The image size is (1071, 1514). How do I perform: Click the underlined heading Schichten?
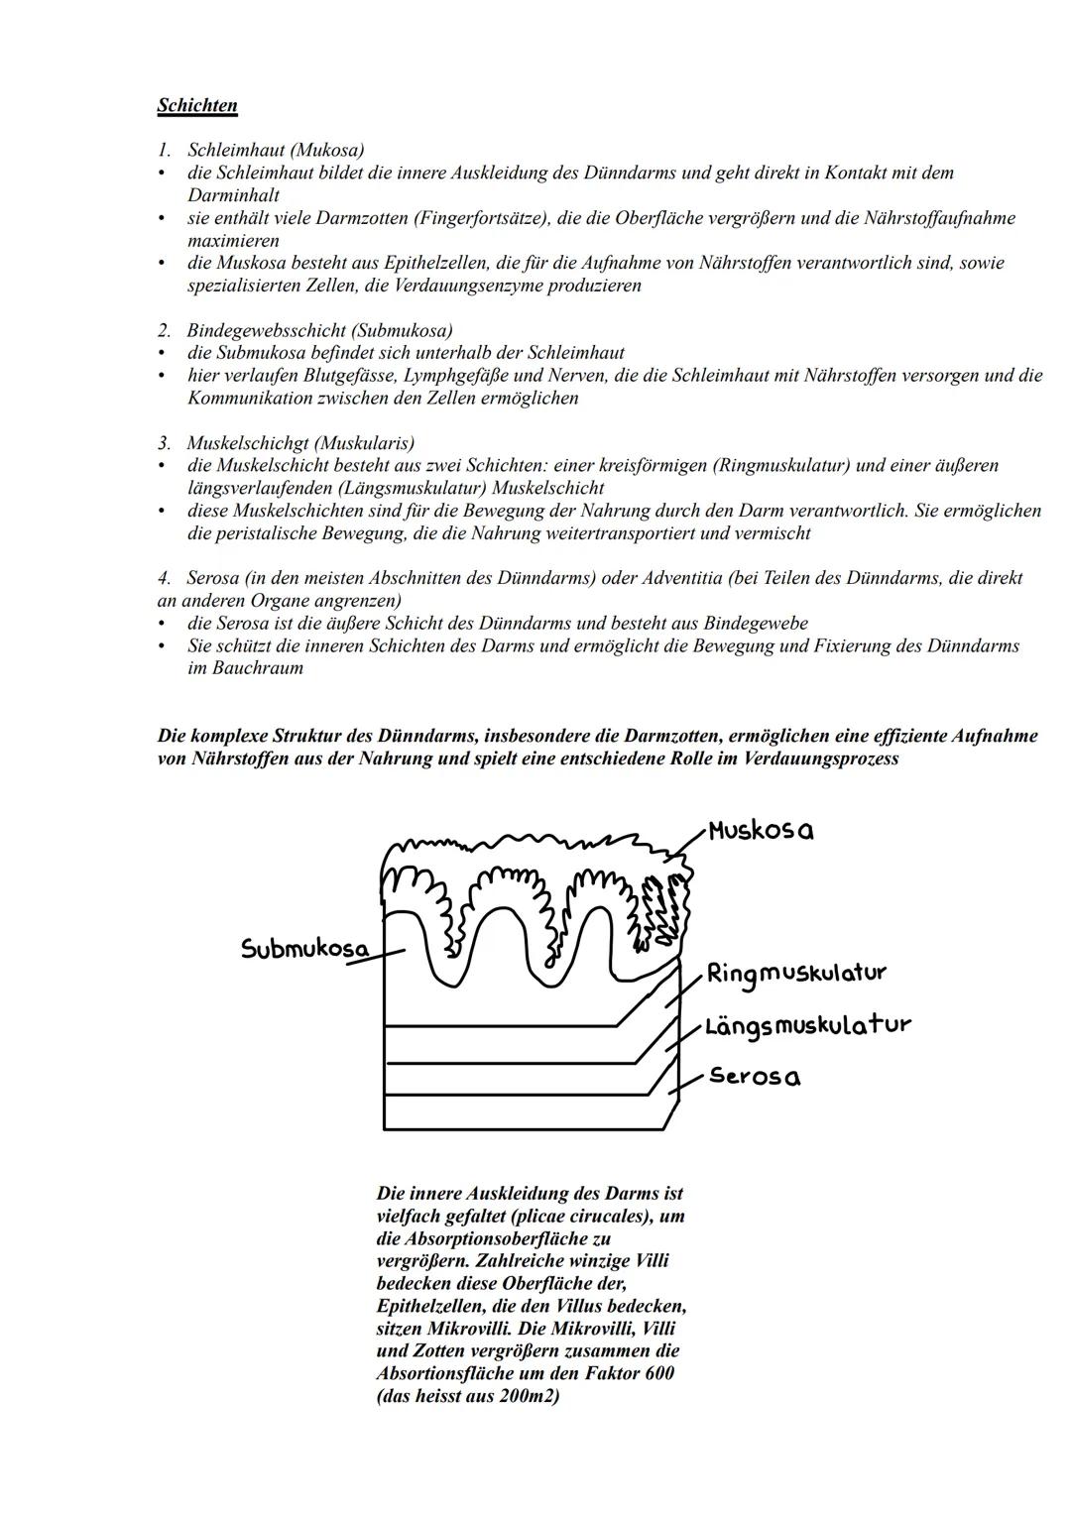tap(197, 105)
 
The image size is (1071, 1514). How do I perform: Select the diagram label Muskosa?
tap(761, 831)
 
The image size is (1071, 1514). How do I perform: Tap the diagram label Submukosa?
tap(303, 949)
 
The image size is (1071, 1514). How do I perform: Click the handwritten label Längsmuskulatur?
tap(807, 1025)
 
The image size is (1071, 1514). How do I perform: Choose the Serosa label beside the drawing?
tap(755, 1077)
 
